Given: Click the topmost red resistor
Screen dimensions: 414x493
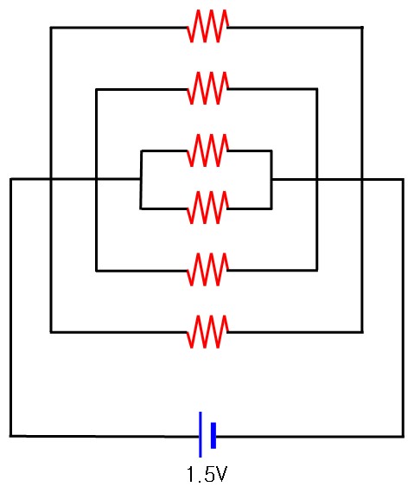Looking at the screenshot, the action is pyautogui.click(x=208, y=26).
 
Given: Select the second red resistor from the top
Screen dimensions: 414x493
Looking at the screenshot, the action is pyautogui.click(x=208, y=88).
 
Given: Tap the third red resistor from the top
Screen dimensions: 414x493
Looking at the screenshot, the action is pyautogui.click(x=208, y=150).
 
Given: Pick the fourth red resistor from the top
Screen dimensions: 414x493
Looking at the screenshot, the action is pyautogui.click(x=208, y=208).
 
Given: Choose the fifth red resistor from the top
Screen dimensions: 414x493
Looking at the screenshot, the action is pyautogui.click(x=208, y=270).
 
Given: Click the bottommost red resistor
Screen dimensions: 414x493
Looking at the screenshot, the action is pyautogui.click(x=208, y=332).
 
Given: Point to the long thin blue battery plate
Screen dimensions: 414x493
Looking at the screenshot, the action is pyautogui.click(x=201, y=434).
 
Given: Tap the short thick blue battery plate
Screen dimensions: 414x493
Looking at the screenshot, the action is pyautogui.click(x=213, y=435).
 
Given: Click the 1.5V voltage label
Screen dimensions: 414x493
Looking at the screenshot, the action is pyautogui.click(x=207, y=475).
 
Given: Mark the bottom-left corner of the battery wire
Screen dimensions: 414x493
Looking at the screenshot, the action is pyautogui.click(x=10, y=436).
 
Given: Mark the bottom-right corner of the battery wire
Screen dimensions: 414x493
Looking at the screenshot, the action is pyautogui.click(x=403, y=437).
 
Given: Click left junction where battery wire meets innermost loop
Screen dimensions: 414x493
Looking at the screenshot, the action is pyautogui.click(x=141, y=179).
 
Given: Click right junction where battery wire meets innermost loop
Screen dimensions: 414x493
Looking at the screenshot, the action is pyautogui.click(x=271, y=180).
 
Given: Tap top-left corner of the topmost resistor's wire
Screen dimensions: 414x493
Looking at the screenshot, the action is pyautogui.click(x=51, y=28).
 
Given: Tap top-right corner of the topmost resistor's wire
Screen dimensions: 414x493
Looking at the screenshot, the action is pyautogui.click(x=362, y=28).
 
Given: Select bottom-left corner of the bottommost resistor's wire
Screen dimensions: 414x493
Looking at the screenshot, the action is pyautogui.click(x=51, y=332).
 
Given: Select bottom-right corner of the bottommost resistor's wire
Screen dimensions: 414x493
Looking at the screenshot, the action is pyautogui.click(x=362, y=332).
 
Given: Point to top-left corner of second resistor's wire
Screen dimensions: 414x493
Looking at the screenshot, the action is pyautogui.click(x=97, y=90).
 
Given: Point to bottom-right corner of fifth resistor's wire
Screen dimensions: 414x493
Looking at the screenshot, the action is pyautogui.click(x=317, y=270).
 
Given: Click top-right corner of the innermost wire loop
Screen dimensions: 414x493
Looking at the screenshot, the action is pyautogui.click(x=271, y=151).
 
